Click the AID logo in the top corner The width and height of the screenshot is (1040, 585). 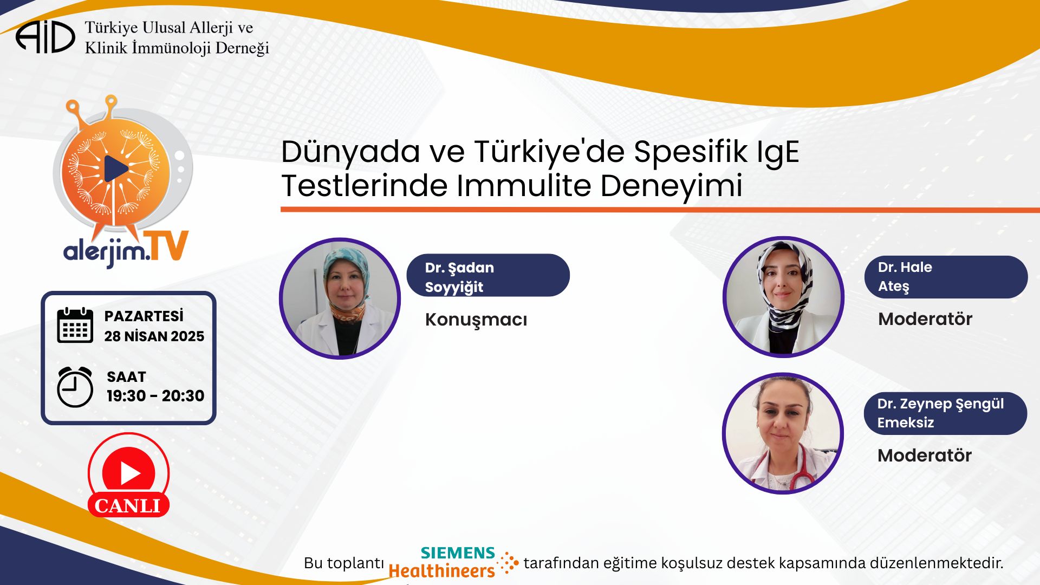45,37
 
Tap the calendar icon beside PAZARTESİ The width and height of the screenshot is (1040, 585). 75,325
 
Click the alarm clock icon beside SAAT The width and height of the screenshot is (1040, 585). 75,387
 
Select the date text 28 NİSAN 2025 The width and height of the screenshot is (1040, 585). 154,336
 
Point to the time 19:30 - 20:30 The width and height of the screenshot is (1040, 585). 155,396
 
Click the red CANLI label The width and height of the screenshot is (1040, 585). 128,505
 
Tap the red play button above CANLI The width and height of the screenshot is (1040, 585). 129,473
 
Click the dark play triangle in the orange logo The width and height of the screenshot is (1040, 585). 116,168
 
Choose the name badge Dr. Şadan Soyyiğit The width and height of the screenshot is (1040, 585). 488,275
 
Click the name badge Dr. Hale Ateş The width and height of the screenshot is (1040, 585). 946,277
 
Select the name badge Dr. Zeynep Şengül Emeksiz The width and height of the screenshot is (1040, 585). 945,413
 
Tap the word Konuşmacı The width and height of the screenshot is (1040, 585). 476,320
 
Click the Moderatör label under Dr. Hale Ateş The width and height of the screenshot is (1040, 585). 925,318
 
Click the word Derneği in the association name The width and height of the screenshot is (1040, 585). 242,48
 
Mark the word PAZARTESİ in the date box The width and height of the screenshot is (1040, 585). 144,316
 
